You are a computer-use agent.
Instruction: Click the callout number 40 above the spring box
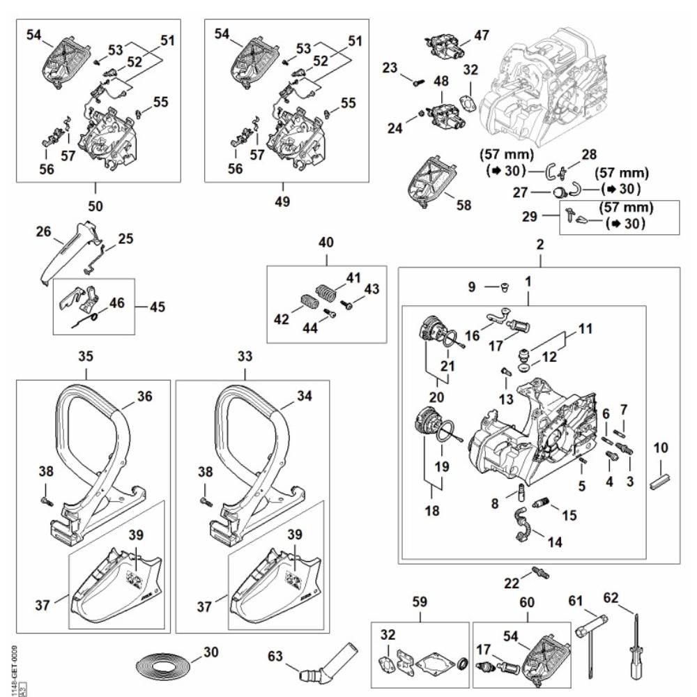[x=326, y=243]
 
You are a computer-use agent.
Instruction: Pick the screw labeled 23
[x=418, y=82]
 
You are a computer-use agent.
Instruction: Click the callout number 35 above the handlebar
[x=86, y=356]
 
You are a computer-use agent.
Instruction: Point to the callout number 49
[x=283, y=202]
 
